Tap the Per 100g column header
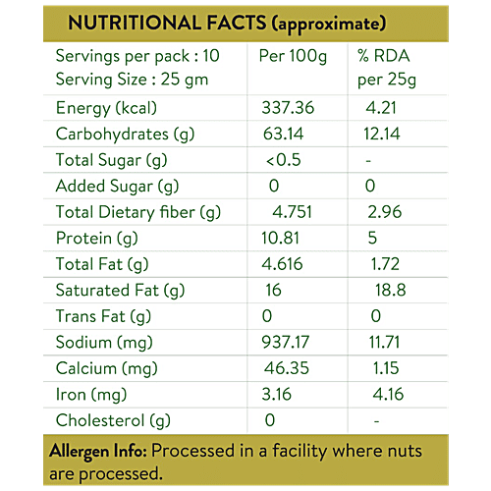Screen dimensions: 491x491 coord(293,56)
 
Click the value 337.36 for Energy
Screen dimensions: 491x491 coord(291,107)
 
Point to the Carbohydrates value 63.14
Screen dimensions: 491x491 coord(285,134)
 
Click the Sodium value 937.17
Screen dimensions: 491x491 coord(291,344)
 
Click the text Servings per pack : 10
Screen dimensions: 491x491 coord(137,56)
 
